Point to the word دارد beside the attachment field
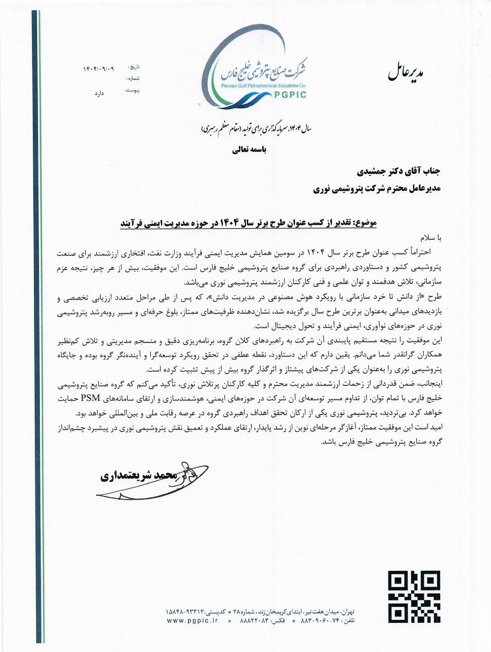[x=99, y=93]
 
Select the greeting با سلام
[x=431, y=238]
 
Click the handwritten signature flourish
[x=164, y=481]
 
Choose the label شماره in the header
[x=133, y=78]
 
